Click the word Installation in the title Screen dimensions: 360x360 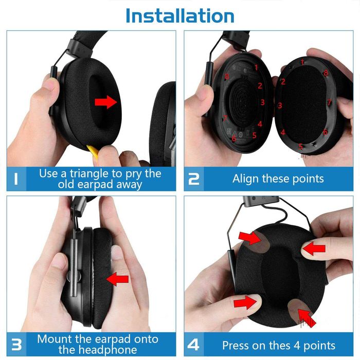tap(179, 15)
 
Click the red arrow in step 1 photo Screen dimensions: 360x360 tap(106, 103)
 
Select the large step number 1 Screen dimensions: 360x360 tap(18, 179)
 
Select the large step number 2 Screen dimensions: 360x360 tap(194, 179)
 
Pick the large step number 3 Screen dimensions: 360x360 tap(17, 344)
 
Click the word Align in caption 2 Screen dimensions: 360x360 tap(246, 179)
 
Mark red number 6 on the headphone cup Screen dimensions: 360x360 tap(234, 138)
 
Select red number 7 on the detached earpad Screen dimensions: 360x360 tap(329, 102)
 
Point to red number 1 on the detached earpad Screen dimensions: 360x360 tap(302, 62)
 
